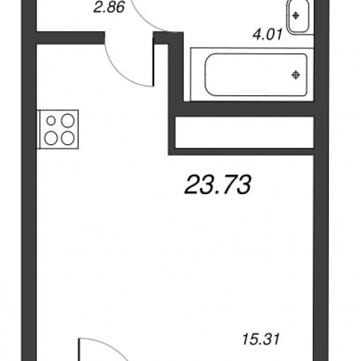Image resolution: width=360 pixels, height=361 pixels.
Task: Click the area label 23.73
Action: (x=218, y=185)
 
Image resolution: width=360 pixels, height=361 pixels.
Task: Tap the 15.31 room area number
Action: (x=260, y=339)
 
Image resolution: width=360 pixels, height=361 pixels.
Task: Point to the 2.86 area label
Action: (x=109, y=7)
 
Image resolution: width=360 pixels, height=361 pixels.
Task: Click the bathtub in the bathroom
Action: (x=256, y=75)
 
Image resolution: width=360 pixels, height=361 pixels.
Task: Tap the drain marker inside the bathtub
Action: (x=296, y=75)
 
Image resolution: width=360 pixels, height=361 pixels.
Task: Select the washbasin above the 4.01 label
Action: (x=297, y=17)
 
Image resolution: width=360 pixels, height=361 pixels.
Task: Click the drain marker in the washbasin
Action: (x=296, y=16)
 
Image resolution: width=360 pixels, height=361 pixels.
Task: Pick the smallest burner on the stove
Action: (x=51, y=121)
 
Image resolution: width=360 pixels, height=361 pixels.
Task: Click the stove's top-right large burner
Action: (x=68, y=121)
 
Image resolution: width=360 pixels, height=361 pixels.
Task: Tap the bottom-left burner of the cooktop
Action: (x=51, y=139)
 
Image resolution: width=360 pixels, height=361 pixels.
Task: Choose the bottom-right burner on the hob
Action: (x=68, y=138)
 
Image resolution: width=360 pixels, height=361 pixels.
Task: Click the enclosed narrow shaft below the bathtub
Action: (x=245, y=132)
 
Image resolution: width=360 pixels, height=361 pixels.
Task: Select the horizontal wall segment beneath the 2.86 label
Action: (x=71, y=38)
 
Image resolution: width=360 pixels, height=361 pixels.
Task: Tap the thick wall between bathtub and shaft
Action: (x=249, y=109)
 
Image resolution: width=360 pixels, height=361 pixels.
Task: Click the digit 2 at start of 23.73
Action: (x=192, y=185)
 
